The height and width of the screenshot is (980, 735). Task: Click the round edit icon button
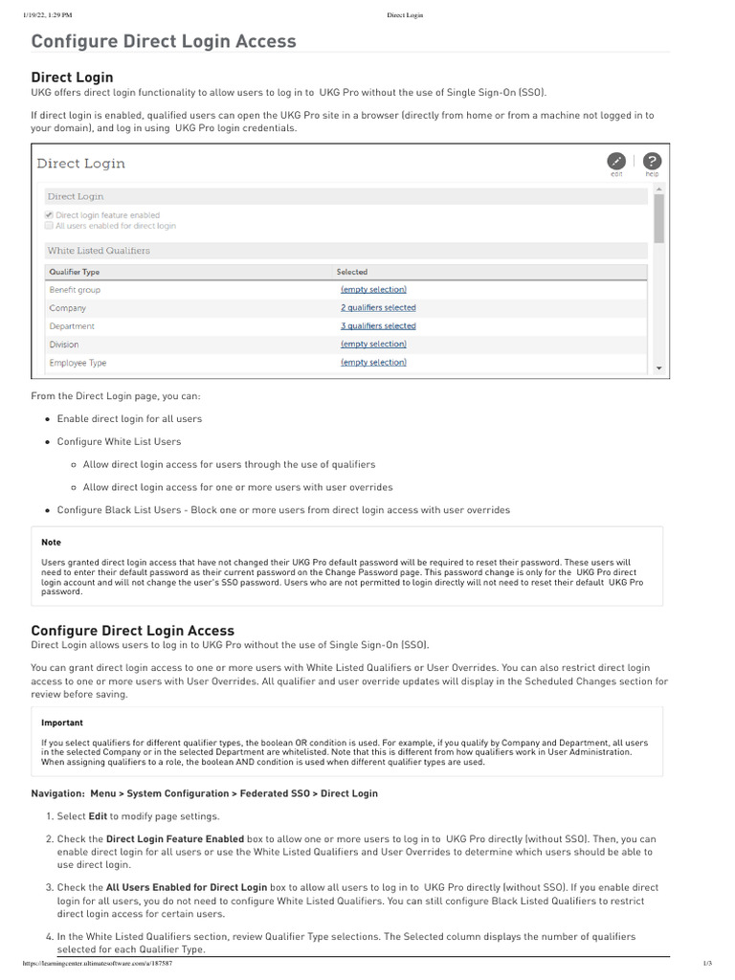point(617,161)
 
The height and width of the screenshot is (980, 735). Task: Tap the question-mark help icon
point(652,161)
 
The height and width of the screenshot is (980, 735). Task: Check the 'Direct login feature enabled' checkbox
point(50,215)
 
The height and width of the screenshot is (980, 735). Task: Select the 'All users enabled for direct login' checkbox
point(50,226)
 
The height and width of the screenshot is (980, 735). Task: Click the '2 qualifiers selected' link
point(378,308)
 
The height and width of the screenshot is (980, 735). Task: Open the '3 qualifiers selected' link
point(378,326)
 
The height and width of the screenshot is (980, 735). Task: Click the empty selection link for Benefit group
point(373,290)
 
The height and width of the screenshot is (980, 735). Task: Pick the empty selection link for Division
point(373,345)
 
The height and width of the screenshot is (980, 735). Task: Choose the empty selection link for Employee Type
point(373,363)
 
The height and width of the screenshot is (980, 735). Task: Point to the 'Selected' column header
point(352,272)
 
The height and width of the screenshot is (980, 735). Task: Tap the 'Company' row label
point(67,308)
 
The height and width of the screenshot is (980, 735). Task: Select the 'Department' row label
point(72,326)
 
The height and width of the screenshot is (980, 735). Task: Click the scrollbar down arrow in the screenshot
point(658,367)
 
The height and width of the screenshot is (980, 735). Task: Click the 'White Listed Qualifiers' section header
point(99,251)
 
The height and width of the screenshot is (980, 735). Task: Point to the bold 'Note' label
point(51,543)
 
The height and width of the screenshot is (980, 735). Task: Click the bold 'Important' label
point(61,723)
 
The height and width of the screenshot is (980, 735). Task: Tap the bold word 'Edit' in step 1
point(97,816)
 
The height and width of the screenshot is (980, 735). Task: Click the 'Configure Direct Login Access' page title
point(164,41)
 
